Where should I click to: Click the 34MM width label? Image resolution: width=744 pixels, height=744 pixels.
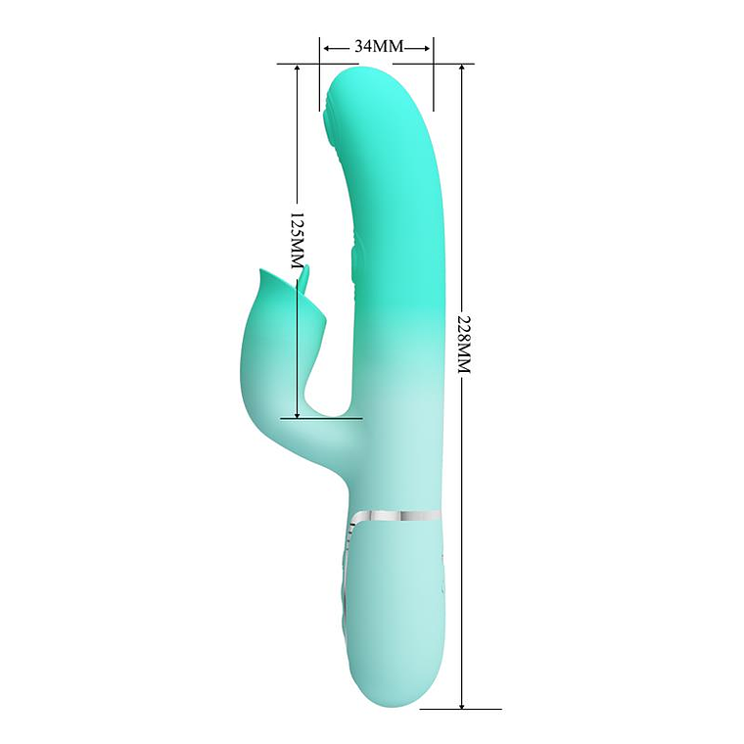point(377,46)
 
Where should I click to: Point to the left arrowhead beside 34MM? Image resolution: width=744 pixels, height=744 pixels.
point(326,46)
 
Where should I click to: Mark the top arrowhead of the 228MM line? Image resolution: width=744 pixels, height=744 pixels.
point(461,70)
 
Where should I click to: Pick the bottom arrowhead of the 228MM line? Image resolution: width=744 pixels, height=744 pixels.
point(461,702)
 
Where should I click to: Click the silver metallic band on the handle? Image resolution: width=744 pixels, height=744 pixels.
point(396,514)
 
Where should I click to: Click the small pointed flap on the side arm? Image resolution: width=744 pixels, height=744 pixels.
point(306,279)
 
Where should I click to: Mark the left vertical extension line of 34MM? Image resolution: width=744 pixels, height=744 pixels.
point(319,73)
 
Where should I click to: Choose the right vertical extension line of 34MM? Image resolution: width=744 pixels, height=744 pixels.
point(433,73)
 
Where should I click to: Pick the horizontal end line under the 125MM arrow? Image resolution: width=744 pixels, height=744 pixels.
point(313,419)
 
